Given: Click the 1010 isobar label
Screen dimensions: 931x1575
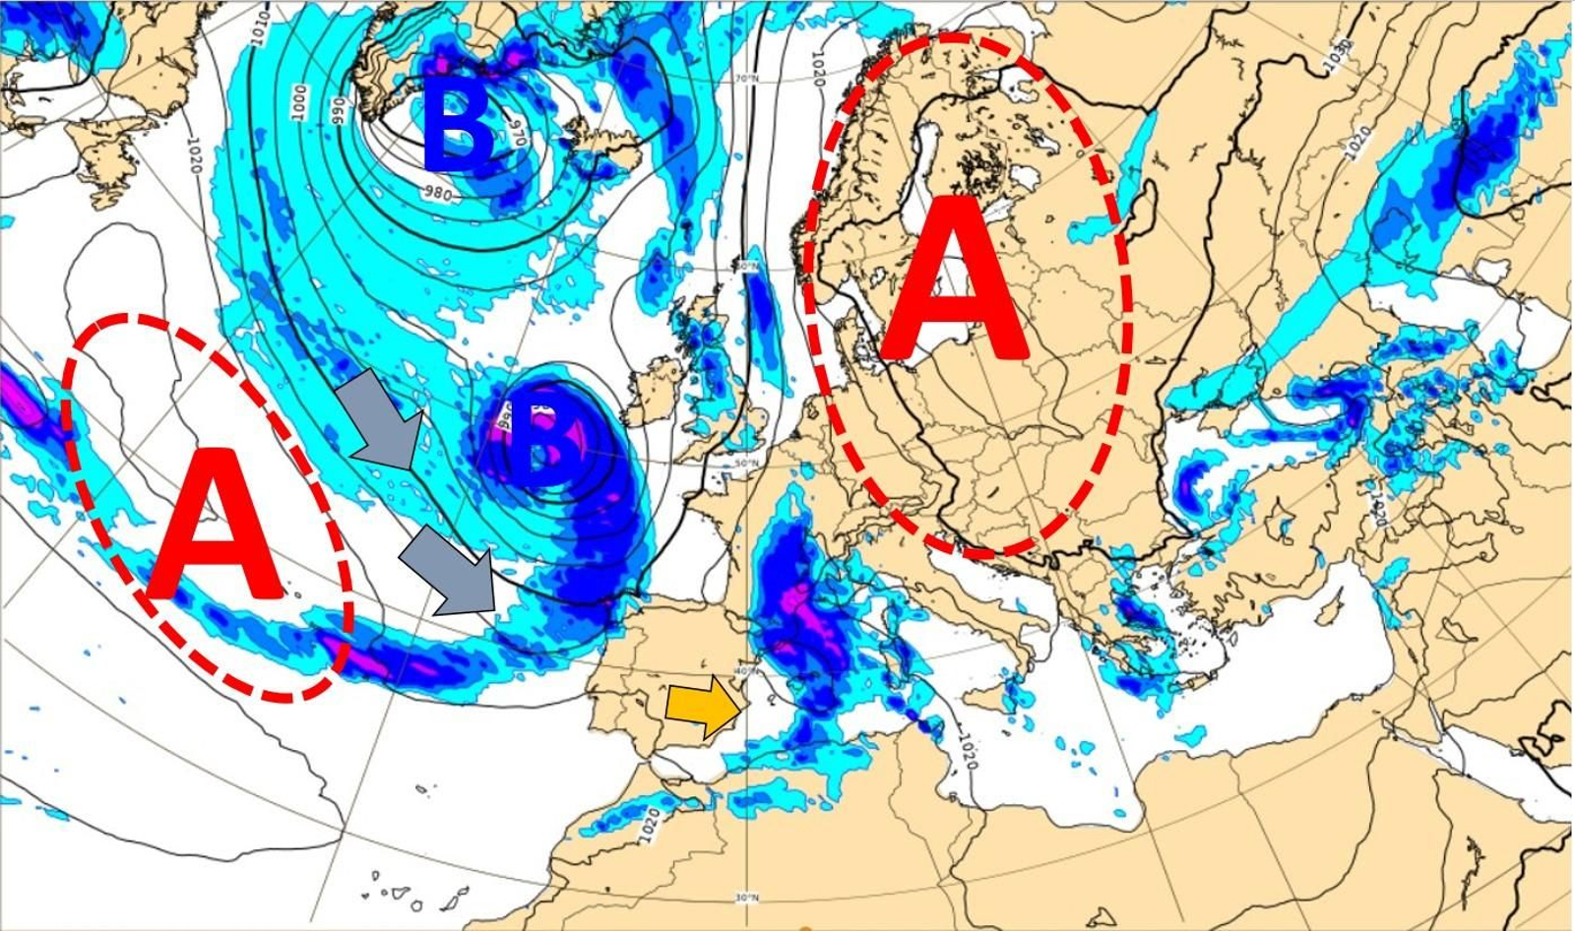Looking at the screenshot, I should [x=260, y=30].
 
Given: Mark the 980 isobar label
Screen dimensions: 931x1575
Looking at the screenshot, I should [x=438, y=194].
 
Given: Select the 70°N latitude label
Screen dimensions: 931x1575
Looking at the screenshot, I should [x=747, y=79].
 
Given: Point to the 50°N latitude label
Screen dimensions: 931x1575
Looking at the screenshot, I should [x=748, y=463].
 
